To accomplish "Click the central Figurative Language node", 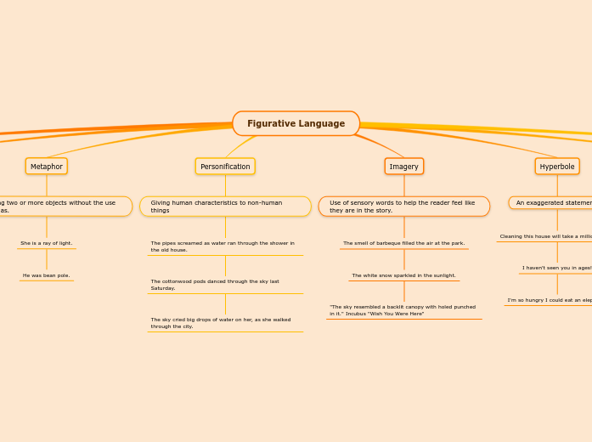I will (295, 123).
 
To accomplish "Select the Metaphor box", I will (47, 167).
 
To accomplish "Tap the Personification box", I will (225, 167).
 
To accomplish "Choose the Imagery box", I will (403, 167).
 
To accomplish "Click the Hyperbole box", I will (557, 167).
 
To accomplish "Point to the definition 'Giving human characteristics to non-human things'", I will (225, 207).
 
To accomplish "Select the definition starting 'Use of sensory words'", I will (403, 207).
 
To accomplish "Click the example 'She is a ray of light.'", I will (47, 243).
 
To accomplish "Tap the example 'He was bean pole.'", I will (47, 275).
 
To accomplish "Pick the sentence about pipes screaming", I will (225, 246).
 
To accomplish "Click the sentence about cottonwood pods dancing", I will (225, 285).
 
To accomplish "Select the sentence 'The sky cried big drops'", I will (225, 323).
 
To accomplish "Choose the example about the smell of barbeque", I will (403, 243).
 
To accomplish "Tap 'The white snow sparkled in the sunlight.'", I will (403, 275).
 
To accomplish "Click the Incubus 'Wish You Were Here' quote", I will (403, 310).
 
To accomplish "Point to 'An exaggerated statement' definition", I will (553, 202).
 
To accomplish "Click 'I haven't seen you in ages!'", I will (556, 268).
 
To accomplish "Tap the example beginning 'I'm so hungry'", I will (550, 300).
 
